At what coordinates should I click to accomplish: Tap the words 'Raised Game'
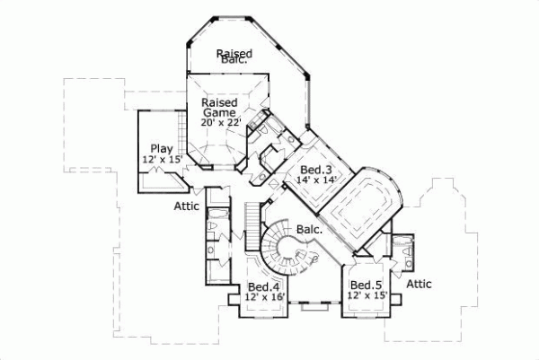(218, 108)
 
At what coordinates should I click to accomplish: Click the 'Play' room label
(161, 148)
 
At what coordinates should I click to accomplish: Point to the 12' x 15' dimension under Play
(162, 159)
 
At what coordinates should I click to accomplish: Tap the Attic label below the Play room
(187, 206)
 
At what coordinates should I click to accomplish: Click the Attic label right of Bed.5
(418, 284)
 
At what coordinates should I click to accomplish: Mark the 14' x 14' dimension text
(310, 180)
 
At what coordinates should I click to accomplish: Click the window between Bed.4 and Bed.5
(314, 308)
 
